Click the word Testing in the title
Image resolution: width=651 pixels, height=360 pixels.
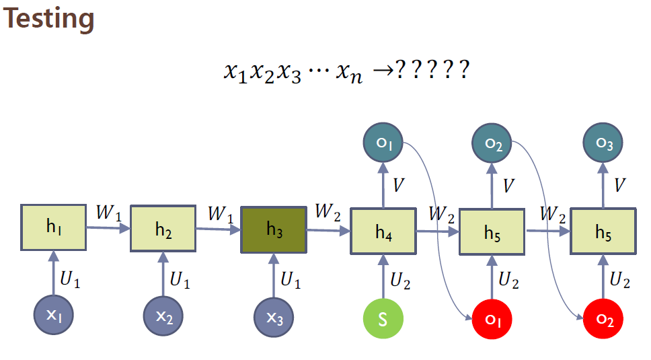tap(49, 19)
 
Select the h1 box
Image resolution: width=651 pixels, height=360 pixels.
tap(54, 227)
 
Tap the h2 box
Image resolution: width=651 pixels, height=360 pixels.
tap(163, 229)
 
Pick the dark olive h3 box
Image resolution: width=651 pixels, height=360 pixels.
tap(274, 229)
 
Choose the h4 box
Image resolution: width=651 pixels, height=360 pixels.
tap(383, 232)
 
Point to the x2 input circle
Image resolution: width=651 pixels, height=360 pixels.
tap(163, 317)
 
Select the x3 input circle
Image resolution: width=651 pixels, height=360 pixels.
tap(274, 317)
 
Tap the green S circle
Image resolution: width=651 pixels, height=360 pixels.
tap(383, 317)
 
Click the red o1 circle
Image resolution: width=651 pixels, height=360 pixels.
tap(493, 317)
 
